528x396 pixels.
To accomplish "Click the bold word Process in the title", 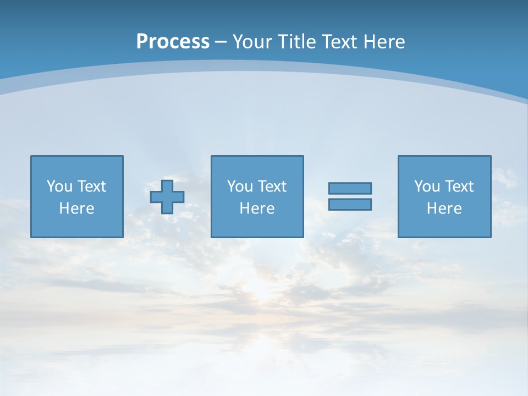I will tap(173, 42).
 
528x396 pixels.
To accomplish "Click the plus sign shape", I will tap(167, 197).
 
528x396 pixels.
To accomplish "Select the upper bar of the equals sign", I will tap(350, 188).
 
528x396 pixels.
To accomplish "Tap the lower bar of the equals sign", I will tap(350, 204).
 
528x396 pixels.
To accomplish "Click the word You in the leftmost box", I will tap(59, 186).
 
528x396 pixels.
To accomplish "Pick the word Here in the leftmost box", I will tap(77, 208).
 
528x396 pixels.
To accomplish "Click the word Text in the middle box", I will tap(272, 186).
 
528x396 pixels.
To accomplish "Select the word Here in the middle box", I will tap(257, 208).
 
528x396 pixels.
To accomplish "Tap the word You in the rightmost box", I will tap(427, 186).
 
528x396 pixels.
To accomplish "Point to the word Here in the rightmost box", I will tap(444, 208).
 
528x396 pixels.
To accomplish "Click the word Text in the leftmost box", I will tap(91, 186).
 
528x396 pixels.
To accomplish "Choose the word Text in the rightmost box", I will tap(459, 186).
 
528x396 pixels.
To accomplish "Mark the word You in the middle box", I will tap(240, 186).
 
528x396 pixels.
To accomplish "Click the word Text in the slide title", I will tap(340, 42).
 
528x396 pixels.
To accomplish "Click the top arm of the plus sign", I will tap(167, 185).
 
